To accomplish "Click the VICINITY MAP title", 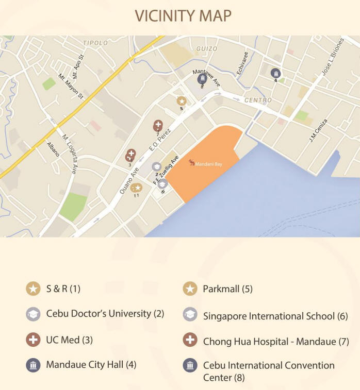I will pyautogui.click(x=183, y=15).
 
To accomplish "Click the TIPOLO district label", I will pyautogui.click(x=95, y=43).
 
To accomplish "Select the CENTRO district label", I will pyautogui.click(x=258, y=100).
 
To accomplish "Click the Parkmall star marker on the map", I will pyautogui.click(x=182, y=101).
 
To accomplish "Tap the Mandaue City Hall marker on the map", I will pyautogui.click(x=276, y=73).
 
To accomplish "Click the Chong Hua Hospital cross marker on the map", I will pyautogui.click(x=158, y=125).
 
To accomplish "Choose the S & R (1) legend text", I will pyautogui.click(x=63, y=289).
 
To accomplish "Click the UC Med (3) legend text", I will pyautogui.click(x=69, y=340).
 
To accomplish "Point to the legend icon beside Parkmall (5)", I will pyautogui.click(x=190, y=289).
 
